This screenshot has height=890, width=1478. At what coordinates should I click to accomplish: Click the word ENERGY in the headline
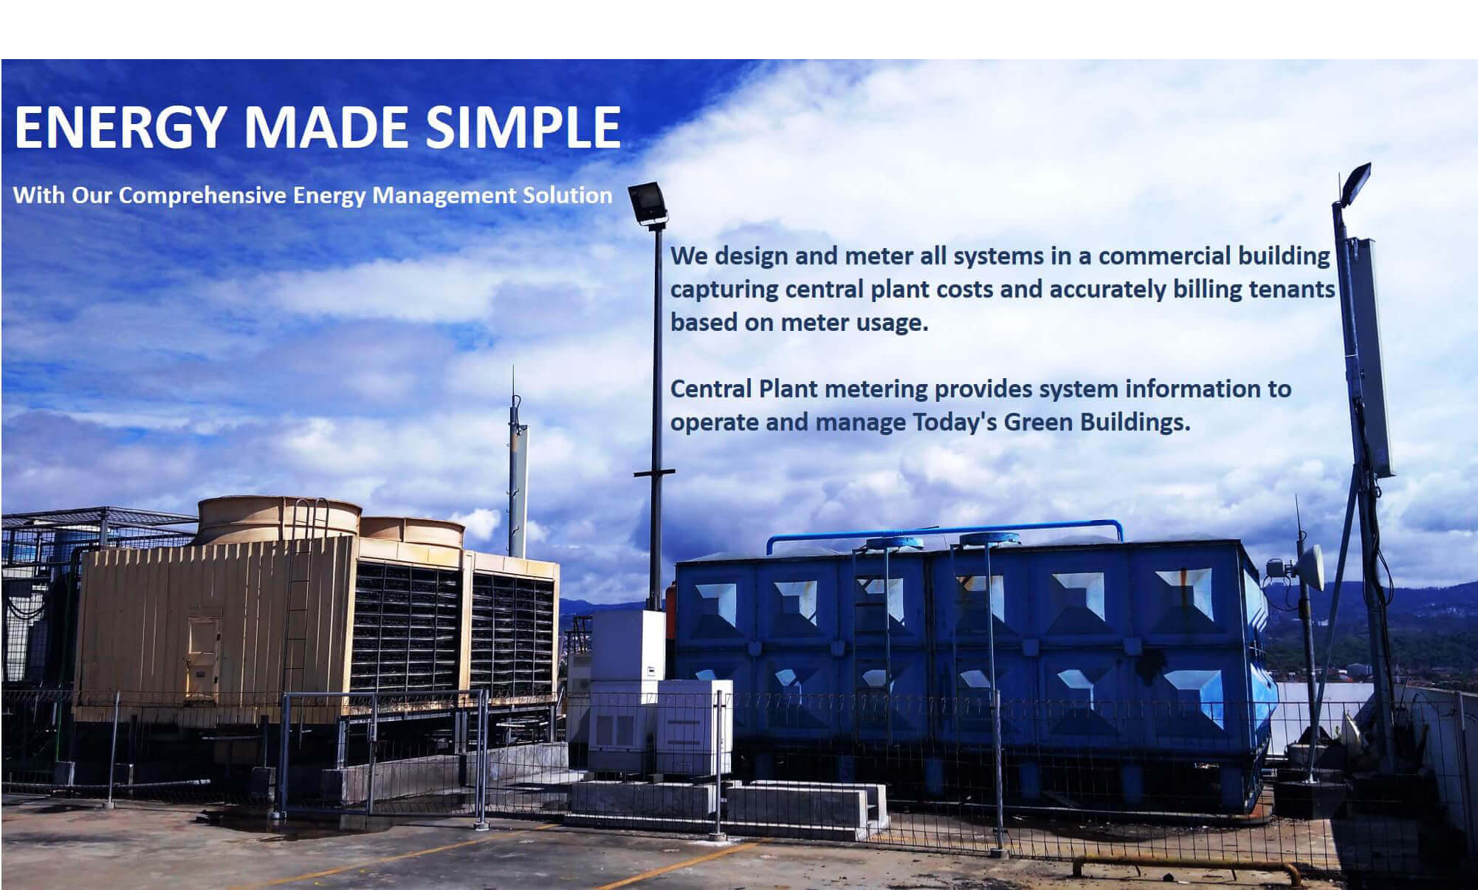[119, 127]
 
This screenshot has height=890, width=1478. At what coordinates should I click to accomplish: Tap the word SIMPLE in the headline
[523, 127]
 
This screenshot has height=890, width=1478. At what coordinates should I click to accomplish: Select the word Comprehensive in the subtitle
[203, 196]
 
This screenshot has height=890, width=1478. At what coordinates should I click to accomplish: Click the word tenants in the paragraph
[1292, 289]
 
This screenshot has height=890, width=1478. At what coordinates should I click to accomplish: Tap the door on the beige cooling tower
[202, 659]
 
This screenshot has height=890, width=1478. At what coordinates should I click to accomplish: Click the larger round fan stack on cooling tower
[278, 519]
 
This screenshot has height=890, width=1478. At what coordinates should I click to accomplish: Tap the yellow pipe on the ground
[1186, 866]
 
